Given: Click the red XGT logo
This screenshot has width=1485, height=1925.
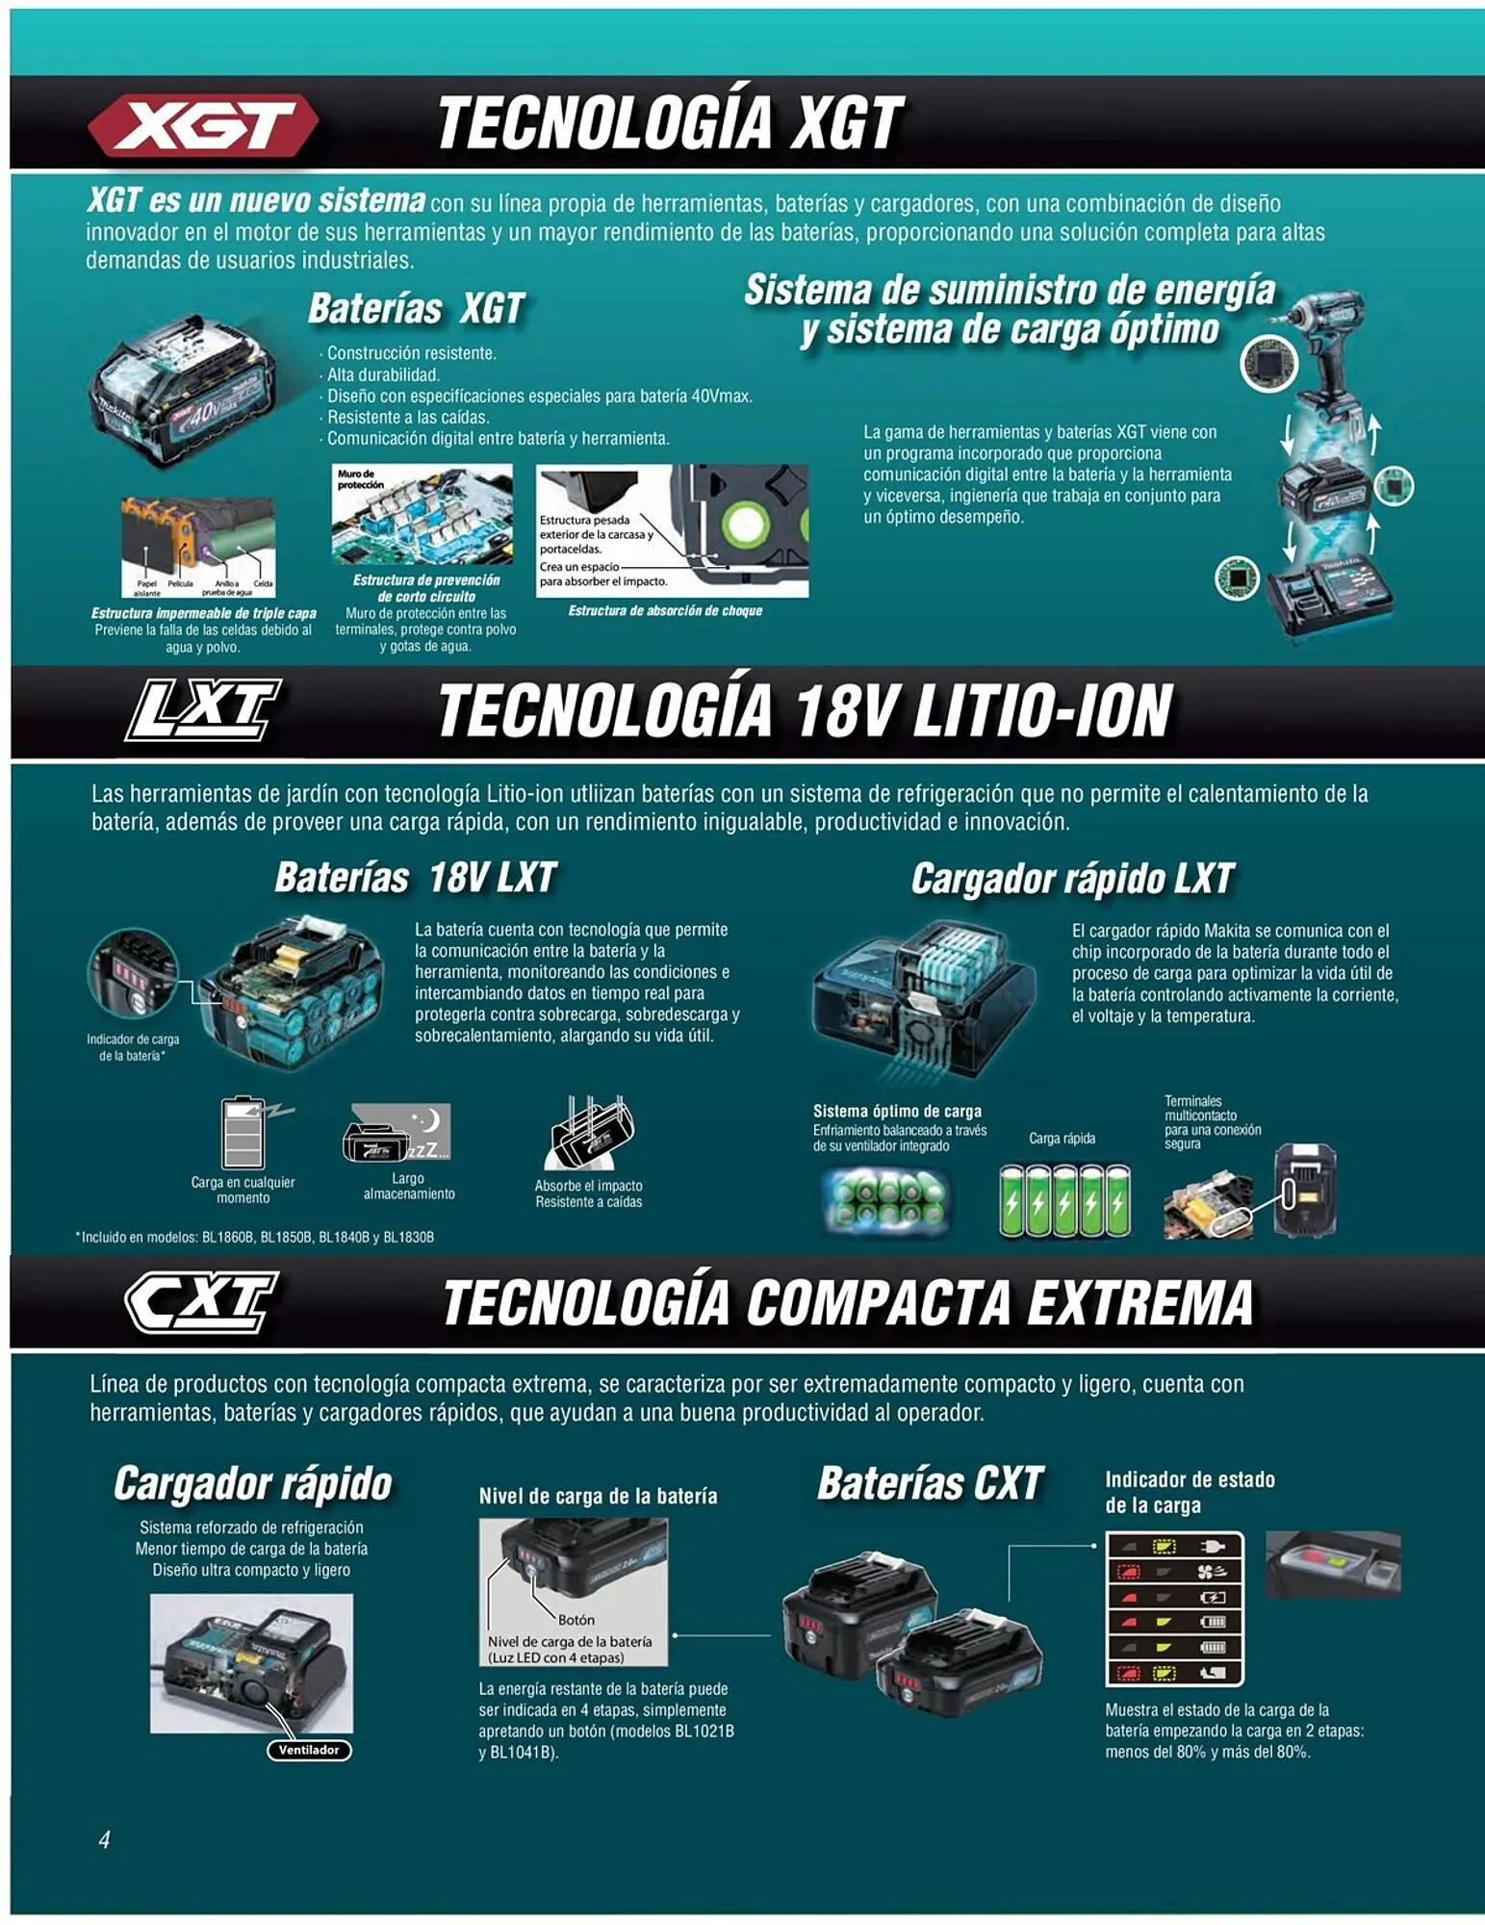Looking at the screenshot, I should pos(203,124).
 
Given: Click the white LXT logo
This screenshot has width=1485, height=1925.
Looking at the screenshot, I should pos(203,710).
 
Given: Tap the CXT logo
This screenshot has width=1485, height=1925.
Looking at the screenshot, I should pos(202,1301).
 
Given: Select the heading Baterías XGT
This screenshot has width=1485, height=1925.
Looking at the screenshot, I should pos(416,309).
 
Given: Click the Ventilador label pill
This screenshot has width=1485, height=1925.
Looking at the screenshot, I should pos(309,1751).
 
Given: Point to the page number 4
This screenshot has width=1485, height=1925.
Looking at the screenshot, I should pos(104,1839).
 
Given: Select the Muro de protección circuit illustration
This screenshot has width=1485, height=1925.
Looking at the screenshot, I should pos(422,514).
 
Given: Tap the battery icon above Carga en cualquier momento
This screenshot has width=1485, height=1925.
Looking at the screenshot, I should pos(243,1133).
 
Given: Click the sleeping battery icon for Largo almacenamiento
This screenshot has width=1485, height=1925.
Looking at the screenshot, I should pos(397,1133).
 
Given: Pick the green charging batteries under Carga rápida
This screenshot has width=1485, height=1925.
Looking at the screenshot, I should pos(1064,1199).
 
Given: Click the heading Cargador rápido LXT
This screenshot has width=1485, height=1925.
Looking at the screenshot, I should pos(1072,878).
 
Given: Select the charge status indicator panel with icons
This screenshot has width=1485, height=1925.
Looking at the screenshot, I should pos(1174,1609).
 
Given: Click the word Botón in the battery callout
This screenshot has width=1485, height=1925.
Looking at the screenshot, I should pos(576,1620).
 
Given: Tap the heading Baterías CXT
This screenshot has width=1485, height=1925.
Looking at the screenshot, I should pos(930,1483).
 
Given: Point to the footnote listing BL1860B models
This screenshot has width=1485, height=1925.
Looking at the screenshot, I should pos(255,1237).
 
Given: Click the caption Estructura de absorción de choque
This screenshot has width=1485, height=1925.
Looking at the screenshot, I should pos(665,611).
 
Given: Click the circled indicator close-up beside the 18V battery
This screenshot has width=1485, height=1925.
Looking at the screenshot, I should pos(133,974).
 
